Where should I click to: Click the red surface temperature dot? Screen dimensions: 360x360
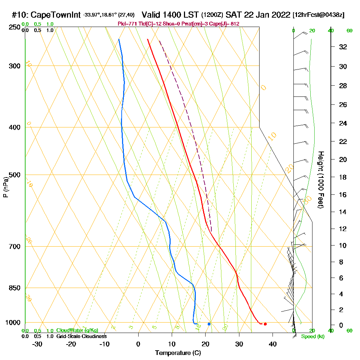tap(265, 324)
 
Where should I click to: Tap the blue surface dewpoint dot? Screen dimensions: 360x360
tap(209, 324)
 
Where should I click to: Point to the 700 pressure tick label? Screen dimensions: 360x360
tap(14, 247)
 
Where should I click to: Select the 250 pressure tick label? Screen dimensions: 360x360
tap(14, 27)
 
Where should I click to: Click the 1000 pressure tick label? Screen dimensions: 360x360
tap(12, 323)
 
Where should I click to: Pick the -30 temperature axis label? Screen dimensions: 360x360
tap(37, 344)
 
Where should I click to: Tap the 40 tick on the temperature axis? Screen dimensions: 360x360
tap(273, 344)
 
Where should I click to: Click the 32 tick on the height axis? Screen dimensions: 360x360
tap(343, 47)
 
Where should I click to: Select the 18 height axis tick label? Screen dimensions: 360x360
tap(343, 177)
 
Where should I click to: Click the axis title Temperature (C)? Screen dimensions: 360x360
tap(178, 353)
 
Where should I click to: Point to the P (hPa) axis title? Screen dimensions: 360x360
tap(5, 187)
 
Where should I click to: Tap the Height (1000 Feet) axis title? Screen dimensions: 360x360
tap(320, 180)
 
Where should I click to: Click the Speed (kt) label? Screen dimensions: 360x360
tap(312, 337)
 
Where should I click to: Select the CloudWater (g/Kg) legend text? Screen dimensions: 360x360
tap(77, 330)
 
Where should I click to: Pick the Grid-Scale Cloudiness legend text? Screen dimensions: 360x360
tap(81, 336)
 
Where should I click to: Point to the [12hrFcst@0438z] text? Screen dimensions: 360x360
tap(319, 15)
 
